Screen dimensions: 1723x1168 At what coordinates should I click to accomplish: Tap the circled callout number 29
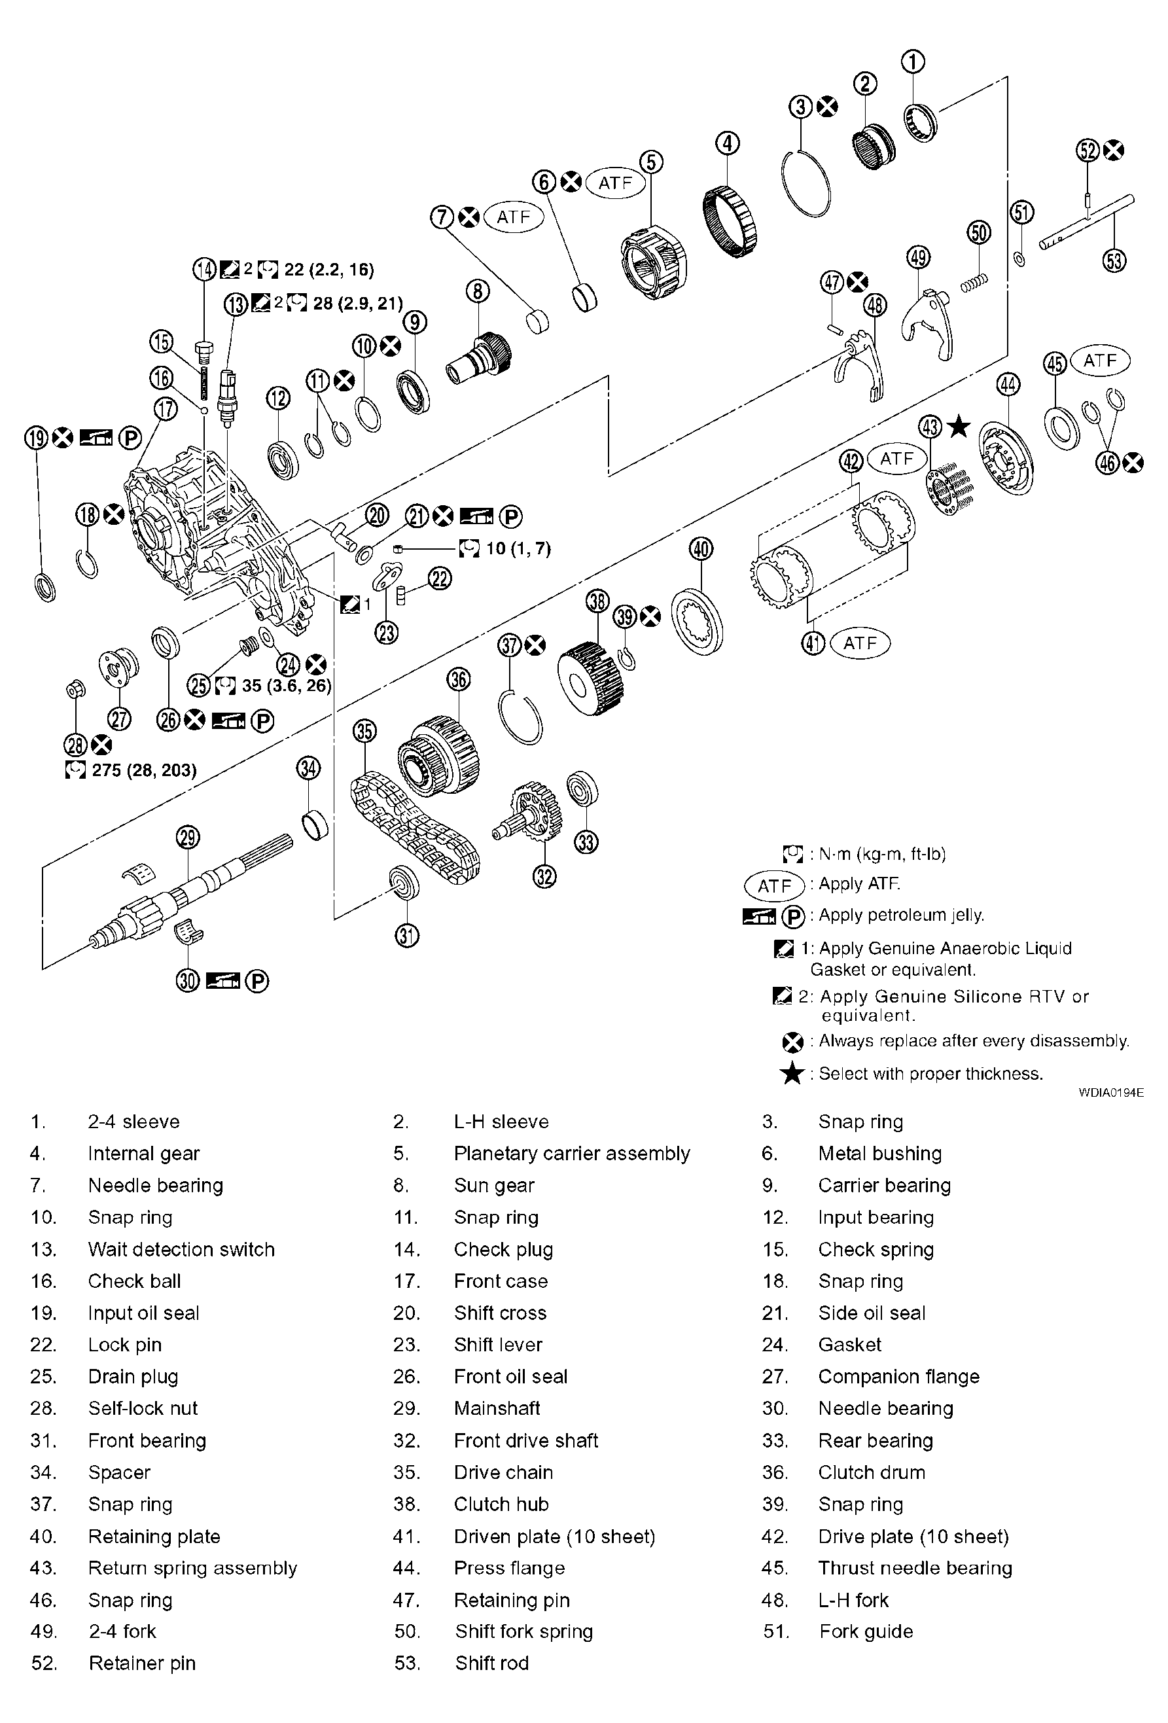188,838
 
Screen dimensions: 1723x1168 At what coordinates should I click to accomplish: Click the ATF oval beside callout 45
1100,361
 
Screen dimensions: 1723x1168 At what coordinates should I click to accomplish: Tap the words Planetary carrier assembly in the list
571,1154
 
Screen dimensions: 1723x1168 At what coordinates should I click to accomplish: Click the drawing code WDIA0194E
1111,1092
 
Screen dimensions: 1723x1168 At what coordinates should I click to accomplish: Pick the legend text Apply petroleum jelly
901,915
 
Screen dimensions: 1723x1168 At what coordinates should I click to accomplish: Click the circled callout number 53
1114,261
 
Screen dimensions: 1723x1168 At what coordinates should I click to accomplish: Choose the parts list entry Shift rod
491,1663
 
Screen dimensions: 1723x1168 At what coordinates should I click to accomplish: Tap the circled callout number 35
364,732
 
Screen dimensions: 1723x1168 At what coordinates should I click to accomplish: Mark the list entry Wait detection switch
181,1249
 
